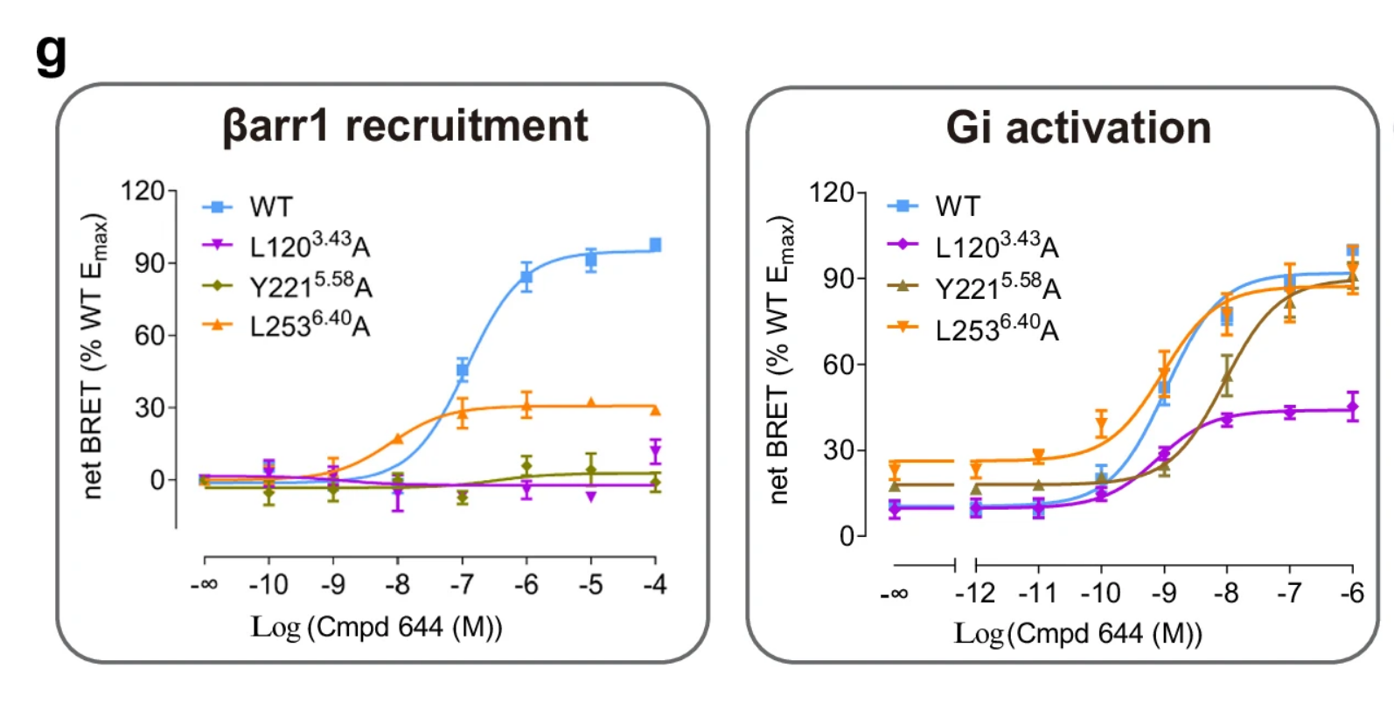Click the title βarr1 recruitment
click(x=406, y=126)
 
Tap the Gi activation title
click(x=1078, y=128)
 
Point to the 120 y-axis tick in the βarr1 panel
click(x=142, y=191)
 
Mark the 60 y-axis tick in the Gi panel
click(x=838, y=365)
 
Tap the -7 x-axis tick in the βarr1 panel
click(x=462, y=584)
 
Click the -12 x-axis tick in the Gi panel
click(x=975, y=594)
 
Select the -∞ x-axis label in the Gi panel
click(x=894, y=594)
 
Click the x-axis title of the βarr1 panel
click(x=377, y=627)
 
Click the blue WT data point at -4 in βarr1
click(x=655, y=246)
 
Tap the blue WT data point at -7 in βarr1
click(x=463, y=370)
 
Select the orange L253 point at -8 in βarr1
click(x=398, y=439)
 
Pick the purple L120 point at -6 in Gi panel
click(x=1352, y=407)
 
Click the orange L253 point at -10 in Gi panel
click(x=1101, y=426)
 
